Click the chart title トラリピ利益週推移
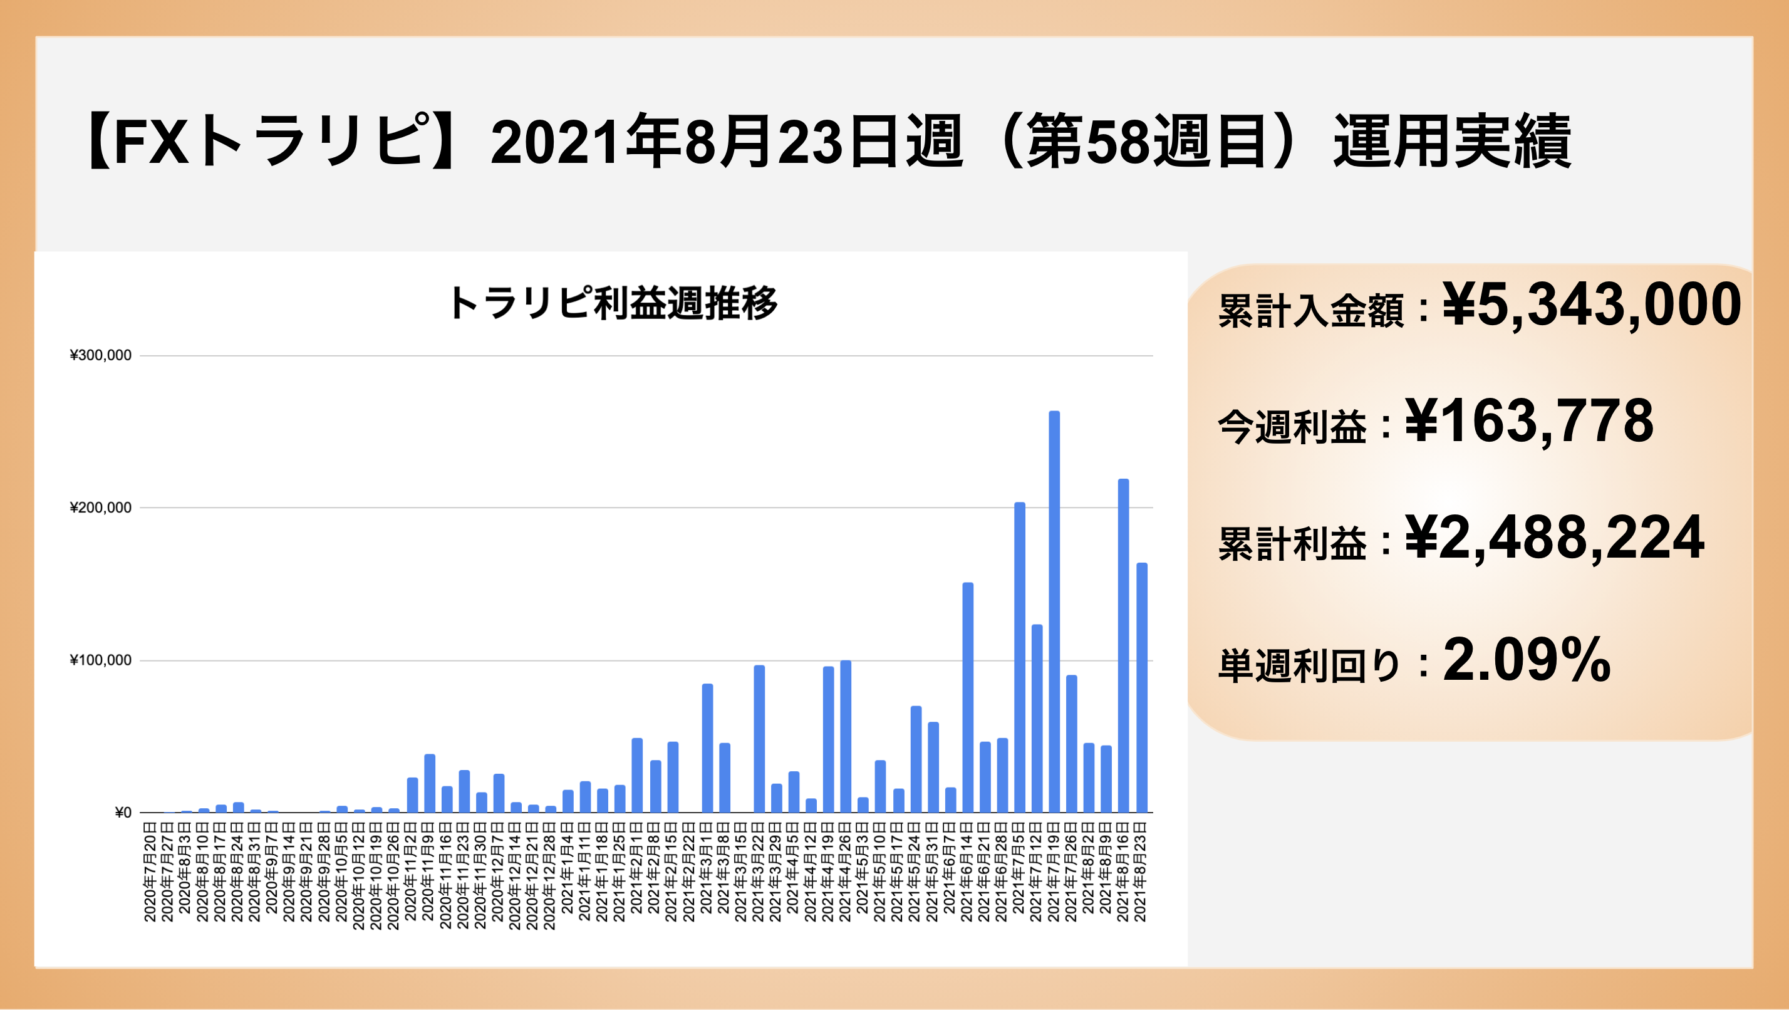(613, 303)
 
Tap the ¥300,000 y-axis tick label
(101, 356)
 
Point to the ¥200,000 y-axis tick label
(101, 508)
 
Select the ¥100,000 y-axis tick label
(101, 660)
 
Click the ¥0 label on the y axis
(123, 813)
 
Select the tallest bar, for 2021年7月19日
(1054, 612)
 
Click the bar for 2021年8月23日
(1142, 688)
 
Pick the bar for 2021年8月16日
(1124, 646)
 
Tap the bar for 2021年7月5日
(1020, 657)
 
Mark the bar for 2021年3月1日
(707, 748)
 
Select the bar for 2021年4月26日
(846, 736)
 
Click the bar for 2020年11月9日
(429, 784)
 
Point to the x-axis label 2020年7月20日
(150, 872)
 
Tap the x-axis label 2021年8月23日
(1140, 872)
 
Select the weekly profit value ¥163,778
(1529, 421)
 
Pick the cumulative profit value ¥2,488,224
(1554, 538)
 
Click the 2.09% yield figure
(1527, 660)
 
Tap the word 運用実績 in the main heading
(1451, 142)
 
